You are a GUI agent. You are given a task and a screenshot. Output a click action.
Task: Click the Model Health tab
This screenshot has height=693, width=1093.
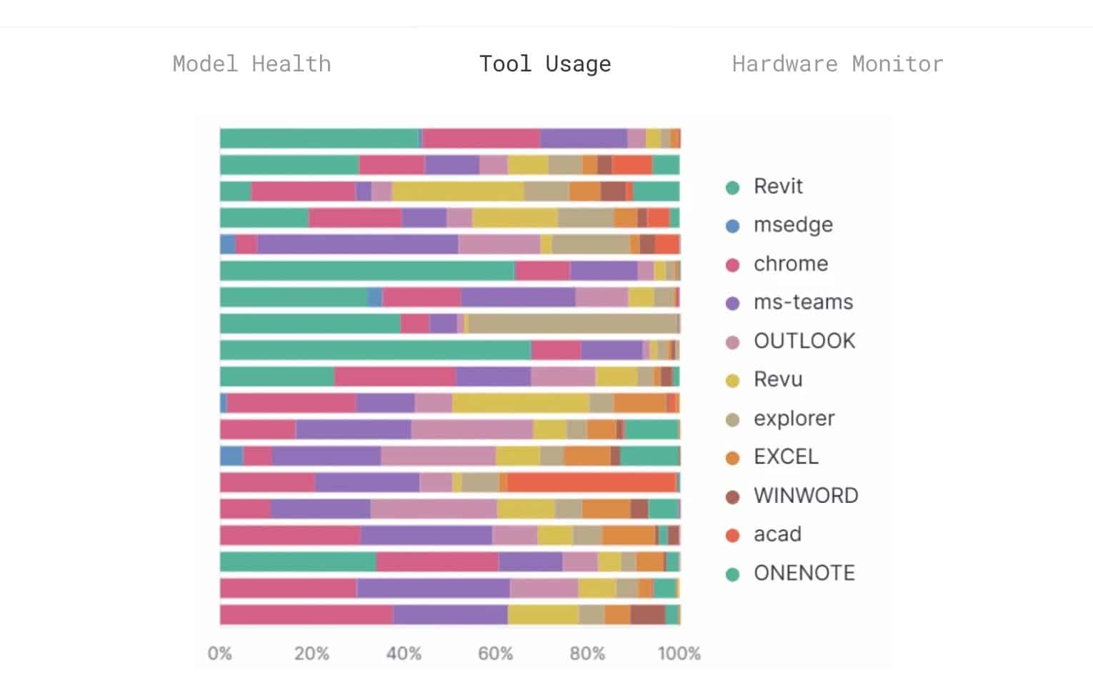coord(251,64)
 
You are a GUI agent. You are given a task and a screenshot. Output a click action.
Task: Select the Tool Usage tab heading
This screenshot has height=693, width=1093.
coord(545,64)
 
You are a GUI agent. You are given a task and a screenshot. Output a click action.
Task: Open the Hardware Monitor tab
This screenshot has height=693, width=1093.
coord(838,64)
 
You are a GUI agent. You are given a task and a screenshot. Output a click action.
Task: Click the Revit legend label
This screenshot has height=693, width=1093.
coord(778,186)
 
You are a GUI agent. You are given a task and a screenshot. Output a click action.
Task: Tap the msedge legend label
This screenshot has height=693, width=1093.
coord(794,225)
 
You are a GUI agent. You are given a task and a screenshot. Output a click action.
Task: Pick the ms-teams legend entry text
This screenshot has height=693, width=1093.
coord(803,302)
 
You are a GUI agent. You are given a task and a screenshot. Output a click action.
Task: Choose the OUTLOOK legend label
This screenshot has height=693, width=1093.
coord(804,341)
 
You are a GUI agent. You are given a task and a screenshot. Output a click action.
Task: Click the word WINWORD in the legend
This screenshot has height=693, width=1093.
coord(806,495)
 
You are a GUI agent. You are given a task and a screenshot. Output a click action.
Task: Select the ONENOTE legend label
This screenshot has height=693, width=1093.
coord(804,572)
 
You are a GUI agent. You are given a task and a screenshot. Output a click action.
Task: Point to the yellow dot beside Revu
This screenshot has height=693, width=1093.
coord(732,380)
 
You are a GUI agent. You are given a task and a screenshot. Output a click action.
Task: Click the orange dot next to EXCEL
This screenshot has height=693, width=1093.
coord(732,458)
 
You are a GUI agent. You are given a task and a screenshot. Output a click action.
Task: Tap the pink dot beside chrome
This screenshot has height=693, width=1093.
coord(732,264)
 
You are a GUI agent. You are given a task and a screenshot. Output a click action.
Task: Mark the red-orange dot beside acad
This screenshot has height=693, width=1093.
coord(732,535)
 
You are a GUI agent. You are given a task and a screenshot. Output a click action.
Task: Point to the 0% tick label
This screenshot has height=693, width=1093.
coord(219,654)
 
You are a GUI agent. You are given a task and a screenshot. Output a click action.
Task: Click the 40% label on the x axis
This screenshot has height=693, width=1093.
coord(404,654)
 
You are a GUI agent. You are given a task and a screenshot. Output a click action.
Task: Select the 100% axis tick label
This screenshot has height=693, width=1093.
coord(679,654)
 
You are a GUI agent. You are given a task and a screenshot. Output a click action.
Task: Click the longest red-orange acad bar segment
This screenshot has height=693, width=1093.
coord(592,483)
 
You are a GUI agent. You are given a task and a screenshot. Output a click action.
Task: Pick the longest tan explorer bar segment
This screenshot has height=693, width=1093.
coord(573,324)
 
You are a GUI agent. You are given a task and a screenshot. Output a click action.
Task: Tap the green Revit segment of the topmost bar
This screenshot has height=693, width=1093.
coord(319,139)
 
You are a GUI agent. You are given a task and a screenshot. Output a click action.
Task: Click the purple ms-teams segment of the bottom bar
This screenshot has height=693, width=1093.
coord(450,615)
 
